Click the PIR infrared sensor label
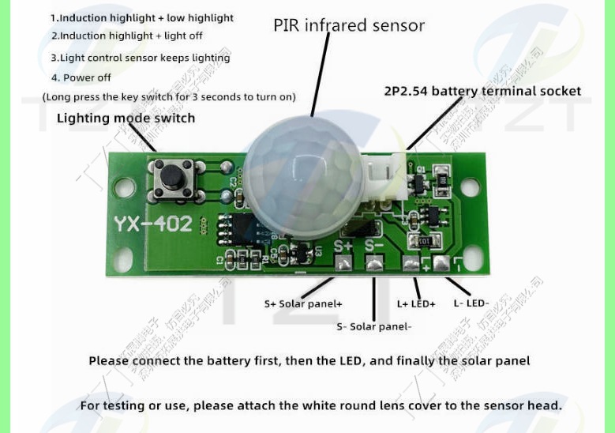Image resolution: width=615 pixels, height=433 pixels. tap(349, 25)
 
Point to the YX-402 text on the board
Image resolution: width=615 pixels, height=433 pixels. tap(152, 224)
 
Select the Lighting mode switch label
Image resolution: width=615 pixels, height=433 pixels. tap(126, 119)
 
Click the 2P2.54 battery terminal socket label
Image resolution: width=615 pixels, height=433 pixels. tap(482, 91)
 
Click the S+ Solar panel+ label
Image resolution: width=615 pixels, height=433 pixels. tap(303, 303)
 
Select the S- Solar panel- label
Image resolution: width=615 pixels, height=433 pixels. tap(373, 326)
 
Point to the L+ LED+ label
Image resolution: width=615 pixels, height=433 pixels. tap(416, 303)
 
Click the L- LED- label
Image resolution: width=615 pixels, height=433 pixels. tap(471, 303)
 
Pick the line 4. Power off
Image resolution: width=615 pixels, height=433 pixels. tap(81, 77)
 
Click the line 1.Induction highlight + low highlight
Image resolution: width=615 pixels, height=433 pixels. tap(142, 17)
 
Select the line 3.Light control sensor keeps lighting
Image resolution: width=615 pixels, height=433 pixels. tap(141, 58)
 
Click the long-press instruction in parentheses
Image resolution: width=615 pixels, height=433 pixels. tap(169, 97)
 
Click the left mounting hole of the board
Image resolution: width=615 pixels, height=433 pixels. tap(124, 188)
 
